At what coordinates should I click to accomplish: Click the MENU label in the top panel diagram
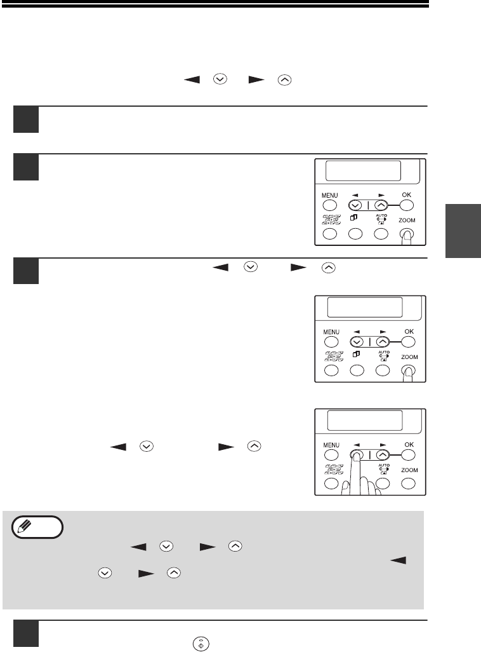pyautogui.click(x=330, y=196)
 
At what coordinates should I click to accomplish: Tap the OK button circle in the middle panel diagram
pyautogui.click(x=408, y=342)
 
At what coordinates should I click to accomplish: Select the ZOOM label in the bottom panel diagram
pyautogui.click(x=409, y=470)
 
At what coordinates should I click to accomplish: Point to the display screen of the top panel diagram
pyautogui.click(x=363, y=170)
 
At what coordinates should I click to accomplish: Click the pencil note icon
pyautogui.click(x=37, y=527)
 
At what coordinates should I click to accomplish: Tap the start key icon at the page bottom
pyautogui.click(x=201, y=643)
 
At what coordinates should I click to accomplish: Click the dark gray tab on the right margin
pyautogui.click(x=463, y=231)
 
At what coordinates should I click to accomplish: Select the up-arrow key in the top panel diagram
pyautogui.click(x=381, y=205)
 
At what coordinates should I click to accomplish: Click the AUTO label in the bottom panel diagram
pyautogui.click(x=384, y=465)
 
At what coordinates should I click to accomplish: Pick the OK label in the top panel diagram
pyautogui.click(x=407, y=194)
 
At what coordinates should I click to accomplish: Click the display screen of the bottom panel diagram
pyautogui.click(x=365, y=421)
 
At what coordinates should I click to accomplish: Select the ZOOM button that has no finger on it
pyautogui.click(x=409, y=484)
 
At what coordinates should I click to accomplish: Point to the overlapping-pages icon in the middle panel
pyautogui.click(x=356, y=354)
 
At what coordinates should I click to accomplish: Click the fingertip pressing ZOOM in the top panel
pyautogui.click(x=407, y=235)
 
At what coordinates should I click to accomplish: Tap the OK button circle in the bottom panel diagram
pyautogui.click(x=408, y=455)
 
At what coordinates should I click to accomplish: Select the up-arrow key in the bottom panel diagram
pyautogui.click(x=383, y=455)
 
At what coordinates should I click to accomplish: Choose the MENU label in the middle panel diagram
pyautogui.click(x=331, y=332)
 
